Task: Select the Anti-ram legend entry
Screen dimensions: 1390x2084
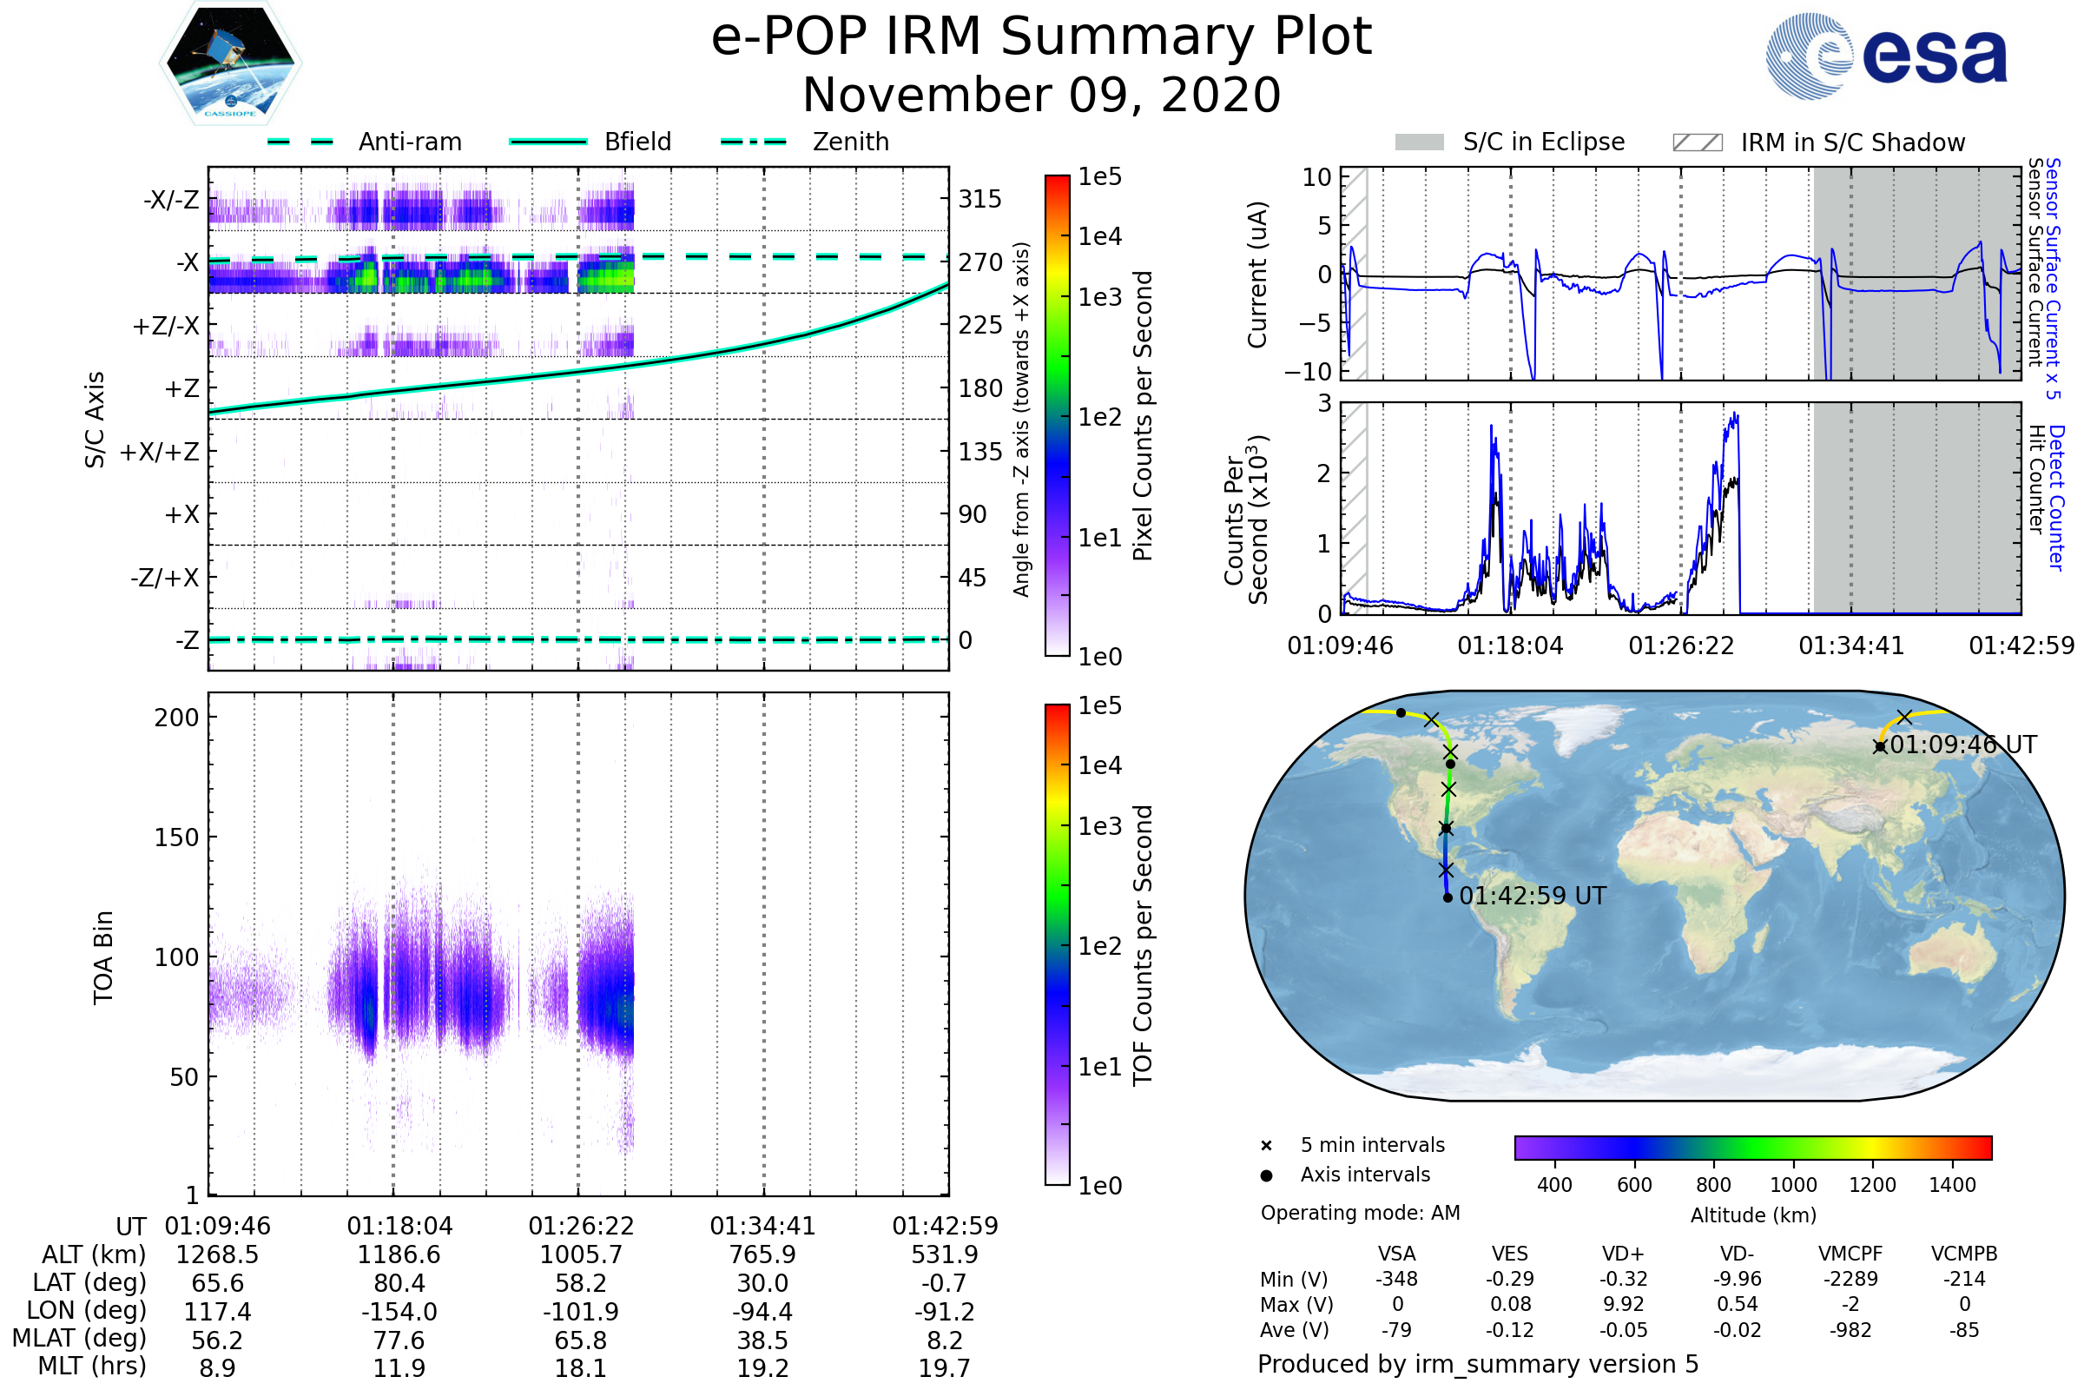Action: [409, 142]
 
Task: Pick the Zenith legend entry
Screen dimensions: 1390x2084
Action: [850, 142]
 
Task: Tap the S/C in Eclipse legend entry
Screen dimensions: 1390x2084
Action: [1543, 142]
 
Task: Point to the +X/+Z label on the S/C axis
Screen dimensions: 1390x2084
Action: [160, 452]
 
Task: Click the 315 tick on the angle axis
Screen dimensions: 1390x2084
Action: [980, 199]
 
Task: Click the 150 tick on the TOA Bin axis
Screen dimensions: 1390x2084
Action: [177, 837]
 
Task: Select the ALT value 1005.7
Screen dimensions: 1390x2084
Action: [581, 1254]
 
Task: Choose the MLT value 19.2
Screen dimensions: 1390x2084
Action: [763, 1367]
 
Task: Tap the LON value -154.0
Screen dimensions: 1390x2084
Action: [399, 1311]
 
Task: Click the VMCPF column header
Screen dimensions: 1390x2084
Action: [1850, 1254]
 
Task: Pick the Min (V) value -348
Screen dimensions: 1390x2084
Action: [1396, 1278]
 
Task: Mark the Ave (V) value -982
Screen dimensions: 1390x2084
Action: [1850, 1330]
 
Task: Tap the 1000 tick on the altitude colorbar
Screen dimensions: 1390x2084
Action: [1792, 1185]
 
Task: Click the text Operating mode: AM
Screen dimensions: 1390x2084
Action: [1360, 1213]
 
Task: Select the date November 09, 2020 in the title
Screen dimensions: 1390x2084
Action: [1041, 95]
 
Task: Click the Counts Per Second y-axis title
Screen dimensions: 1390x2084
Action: [1246, 519]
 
